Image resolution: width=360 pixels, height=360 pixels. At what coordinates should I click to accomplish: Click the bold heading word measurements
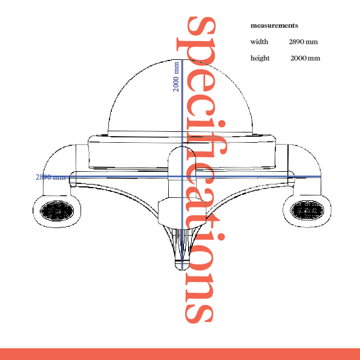(274, 25)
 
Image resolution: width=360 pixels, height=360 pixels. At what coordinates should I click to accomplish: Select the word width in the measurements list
(259, 42)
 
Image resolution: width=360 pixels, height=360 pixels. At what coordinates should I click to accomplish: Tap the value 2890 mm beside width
(303, 42)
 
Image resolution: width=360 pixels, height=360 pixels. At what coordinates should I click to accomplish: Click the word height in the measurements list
(260, 58)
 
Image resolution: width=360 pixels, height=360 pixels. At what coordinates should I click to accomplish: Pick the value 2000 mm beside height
(305, 58)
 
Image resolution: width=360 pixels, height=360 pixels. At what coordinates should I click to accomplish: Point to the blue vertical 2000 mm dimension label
(176, 77)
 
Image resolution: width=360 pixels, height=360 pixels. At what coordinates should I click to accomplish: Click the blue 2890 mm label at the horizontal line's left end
(51, 177)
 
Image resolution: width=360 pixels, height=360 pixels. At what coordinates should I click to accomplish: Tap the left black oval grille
(57, 211)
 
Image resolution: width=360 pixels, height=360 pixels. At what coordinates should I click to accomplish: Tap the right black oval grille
(307, 210)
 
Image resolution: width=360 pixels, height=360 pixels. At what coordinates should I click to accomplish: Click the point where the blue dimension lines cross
(182, 177)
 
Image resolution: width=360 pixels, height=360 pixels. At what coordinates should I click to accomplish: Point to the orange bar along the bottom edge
(180, 354)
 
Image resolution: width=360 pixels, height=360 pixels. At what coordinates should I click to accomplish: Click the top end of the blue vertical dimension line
(182, 60)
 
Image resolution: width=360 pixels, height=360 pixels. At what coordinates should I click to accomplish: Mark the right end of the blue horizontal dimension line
(321, 177)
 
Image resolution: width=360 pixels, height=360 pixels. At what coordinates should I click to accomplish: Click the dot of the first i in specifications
(221, 123)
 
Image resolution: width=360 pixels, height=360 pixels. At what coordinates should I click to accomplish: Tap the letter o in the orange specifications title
(200, 257)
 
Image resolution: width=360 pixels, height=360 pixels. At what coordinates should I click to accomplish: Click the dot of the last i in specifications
(221, 237)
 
